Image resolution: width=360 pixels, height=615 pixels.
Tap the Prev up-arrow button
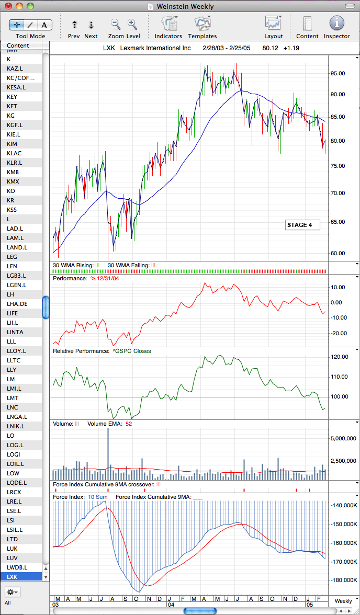point(74,25)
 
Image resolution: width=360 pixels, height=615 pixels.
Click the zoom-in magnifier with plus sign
point(132,25)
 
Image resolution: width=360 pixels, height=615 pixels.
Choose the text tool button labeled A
point(44,25)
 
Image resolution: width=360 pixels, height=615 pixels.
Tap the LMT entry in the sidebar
point(13,397)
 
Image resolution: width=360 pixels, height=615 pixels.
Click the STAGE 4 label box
point(302,225)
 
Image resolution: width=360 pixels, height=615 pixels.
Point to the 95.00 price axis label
point(337,74)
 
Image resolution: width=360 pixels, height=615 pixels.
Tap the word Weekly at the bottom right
point(343,601)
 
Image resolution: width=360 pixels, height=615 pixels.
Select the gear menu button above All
point(13,591)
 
